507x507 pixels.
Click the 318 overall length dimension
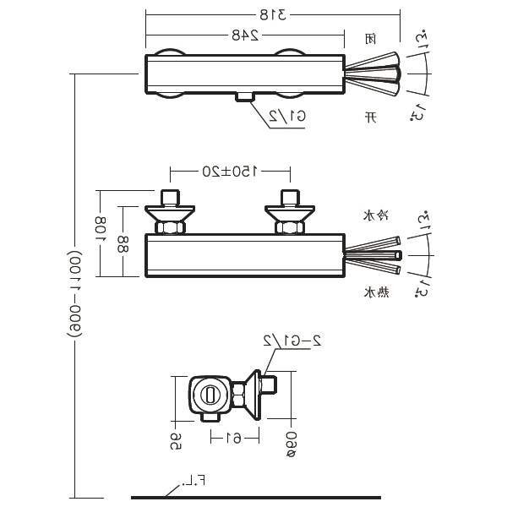(272, 14)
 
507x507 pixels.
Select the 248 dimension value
(244, 35)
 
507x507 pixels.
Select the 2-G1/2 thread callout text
(292, 341)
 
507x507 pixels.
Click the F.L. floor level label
(199, 481)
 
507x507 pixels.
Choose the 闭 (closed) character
(370, 38)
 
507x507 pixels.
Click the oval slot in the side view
(209, 394)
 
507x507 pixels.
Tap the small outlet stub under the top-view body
(245, 97)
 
